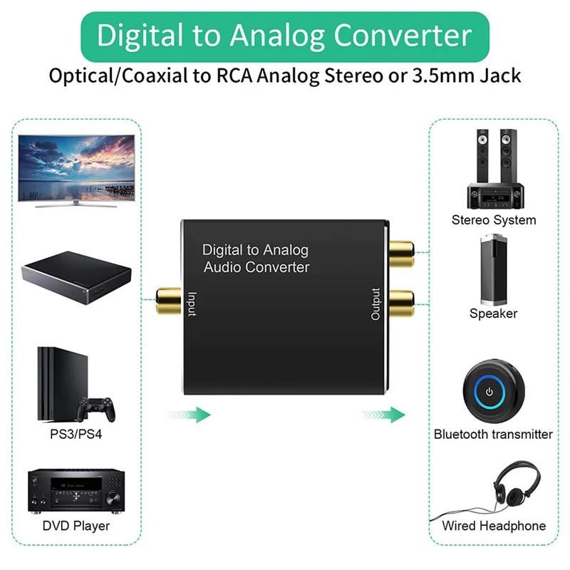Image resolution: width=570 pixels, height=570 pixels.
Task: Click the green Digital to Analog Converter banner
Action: (x=285, y=36)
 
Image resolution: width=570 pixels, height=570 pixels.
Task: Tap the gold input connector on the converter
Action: (x=168, y=301)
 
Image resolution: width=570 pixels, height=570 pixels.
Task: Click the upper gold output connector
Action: (x=401, y=254)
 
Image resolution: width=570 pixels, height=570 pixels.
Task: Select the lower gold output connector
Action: (x=401, y=304)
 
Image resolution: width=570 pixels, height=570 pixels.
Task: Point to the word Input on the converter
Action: (x=192, y=304)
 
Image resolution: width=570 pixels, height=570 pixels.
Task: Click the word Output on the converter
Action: (x=375, y=304)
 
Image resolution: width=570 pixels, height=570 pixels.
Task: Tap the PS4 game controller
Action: (x=96, y=408)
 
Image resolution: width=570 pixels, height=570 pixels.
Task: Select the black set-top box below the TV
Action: (x=76, y=278)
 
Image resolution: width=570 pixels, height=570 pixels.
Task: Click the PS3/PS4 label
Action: (x=76, y=434)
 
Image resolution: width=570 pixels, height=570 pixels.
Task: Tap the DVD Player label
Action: (x=76, y=526)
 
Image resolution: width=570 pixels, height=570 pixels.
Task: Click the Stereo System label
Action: (x=494, y=220)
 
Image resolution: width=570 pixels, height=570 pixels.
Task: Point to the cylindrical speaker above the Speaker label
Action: (x=494, y=270)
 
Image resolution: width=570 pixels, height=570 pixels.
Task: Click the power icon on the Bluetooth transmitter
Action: (x=489, y=392)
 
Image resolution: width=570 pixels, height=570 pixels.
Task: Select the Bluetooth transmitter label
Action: (x=493, y=434)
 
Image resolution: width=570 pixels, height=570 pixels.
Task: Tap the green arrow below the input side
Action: (x=189, y=415)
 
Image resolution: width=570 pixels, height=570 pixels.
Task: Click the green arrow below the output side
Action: (x=383, y=415)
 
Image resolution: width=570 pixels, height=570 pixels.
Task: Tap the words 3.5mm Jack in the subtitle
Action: (x=467, y=76)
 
